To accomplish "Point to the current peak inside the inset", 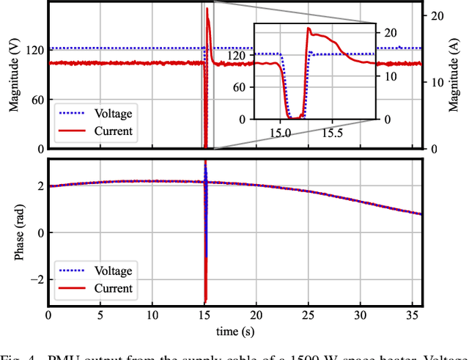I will (309, 29).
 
